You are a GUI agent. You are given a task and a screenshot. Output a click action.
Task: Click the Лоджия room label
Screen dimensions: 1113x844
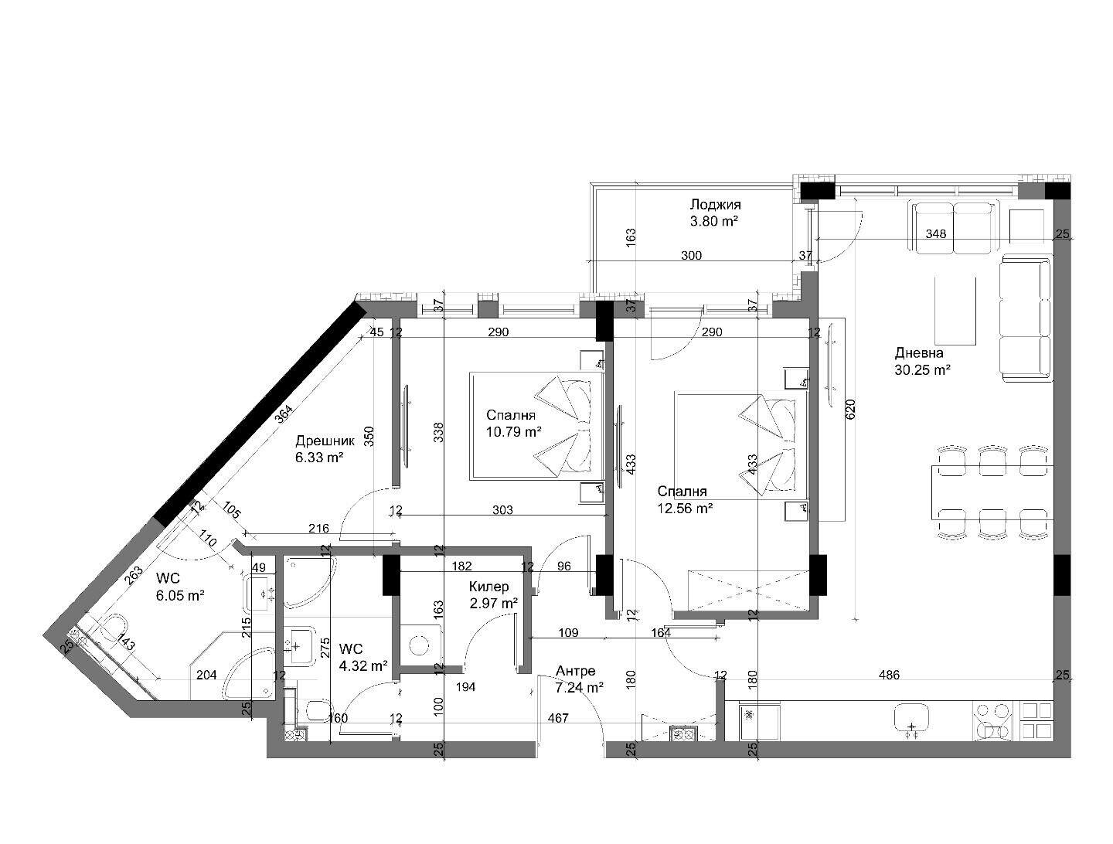click(715, 204)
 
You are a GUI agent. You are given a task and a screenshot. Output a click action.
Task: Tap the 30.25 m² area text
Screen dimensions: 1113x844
click(922, 370)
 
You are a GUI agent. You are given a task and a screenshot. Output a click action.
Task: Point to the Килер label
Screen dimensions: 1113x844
click(488, 587)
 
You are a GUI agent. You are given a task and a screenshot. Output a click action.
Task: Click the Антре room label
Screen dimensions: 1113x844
click(576, 671)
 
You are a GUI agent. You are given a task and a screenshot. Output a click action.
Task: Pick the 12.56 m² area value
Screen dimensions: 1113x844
click(685, 508)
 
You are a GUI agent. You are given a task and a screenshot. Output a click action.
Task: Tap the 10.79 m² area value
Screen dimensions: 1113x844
click(514, 432)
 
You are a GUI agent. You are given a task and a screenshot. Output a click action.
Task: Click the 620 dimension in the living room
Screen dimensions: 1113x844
click(850, 409)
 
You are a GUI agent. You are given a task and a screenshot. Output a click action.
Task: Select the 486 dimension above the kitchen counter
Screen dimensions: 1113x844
click(890, 675)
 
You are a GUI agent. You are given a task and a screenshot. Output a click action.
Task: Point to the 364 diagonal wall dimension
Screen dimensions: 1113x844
click(284, 413)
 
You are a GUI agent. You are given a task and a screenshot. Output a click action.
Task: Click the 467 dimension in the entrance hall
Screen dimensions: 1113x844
click(558, 718)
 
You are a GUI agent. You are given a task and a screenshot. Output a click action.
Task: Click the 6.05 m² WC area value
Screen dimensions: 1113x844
click(181, 596)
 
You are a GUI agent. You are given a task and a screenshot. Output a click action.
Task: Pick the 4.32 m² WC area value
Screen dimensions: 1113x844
click(363, 665)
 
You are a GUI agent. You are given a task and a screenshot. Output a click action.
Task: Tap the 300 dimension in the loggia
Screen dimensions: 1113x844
click(691, 255)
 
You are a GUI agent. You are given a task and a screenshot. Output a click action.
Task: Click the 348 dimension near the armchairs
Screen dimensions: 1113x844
click(935, 233)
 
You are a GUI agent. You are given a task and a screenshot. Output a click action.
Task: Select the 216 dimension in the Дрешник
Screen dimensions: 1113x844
click(318, 528)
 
